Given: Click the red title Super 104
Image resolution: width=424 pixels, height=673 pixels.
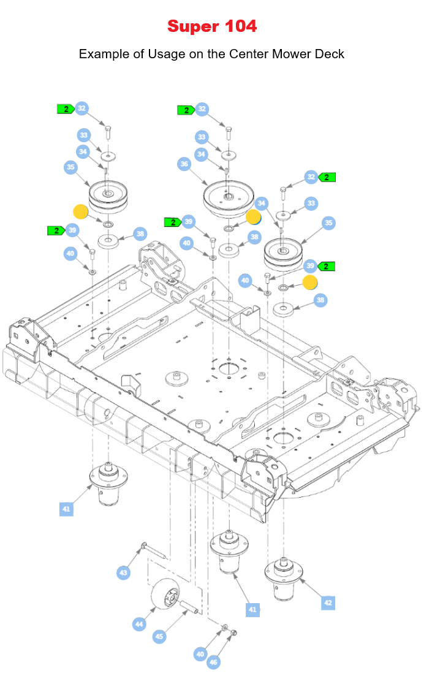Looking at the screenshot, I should point(212,26).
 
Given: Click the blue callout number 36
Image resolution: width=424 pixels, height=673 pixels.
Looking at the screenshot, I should point(184,164).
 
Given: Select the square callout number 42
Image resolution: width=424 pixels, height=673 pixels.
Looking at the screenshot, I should point(328,603).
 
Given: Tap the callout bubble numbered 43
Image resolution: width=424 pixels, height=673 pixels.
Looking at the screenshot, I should point(124,573).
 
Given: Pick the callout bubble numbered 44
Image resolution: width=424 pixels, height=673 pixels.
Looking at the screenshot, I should point(140,624).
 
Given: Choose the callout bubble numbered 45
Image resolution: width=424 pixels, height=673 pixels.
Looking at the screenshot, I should point(159,637).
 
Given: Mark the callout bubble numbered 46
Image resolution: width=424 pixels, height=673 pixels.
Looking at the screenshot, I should point(213,662).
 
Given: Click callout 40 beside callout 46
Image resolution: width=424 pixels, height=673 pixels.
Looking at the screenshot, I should point(200,654).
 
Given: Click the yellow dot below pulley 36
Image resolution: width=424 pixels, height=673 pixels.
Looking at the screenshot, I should point(254,216).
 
